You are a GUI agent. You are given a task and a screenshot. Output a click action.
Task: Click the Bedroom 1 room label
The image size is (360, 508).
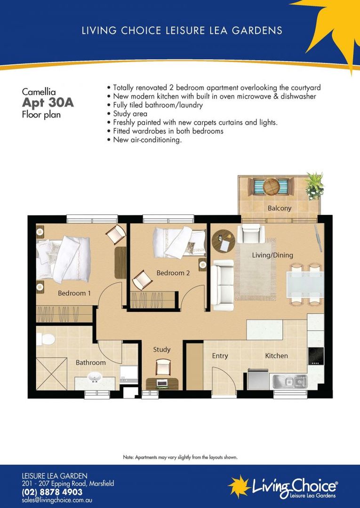tap(74, 293)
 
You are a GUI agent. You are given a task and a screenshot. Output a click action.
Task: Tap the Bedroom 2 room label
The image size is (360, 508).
tap(173, 273)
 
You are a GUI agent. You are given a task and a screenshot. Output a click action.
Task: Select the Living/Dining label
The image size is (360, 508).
tap(272, 255)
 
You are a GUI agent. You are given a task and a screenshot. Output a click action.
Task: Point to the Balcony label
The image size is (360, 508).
tap(280, 208)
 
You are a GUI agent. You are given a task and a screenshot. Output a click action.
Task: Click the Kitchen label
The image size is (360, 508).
tap(276, 356)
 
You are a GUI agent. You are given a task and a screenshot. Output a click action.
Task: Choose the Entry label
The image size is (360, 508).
tap(220, 356)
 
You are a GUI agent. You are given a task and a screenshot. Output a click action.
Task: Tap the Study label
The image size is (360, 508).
tap(161, 349)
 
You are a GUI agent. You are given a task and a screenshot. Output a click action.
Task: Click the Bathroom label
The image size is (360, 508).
tap(91, 363)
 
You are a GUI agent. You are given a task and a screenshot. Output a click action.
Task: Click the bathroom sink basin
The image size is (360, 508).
tap(95, 378)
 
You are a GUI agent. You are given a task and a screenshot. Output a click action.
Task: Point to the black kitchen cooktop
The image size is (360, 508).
tap(315, 356)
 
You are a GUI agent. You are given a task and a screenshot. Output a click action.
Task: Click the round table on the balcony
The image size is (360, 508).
tap(272, 187)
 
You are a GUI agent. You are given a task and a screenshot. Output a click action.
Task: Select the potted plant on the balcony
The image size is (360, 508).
tap(314, 185)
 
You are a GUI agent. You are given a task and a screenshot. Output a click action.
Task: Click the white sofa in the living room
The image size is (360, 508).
tap(222, 285)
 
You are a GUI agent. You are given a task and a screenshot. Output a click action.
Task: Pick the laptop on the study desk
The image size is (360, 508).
tap(162, 383)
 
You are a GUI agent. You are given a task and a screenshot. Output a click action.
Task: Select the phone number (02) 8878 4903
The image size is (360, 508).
tap(52, 492)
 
